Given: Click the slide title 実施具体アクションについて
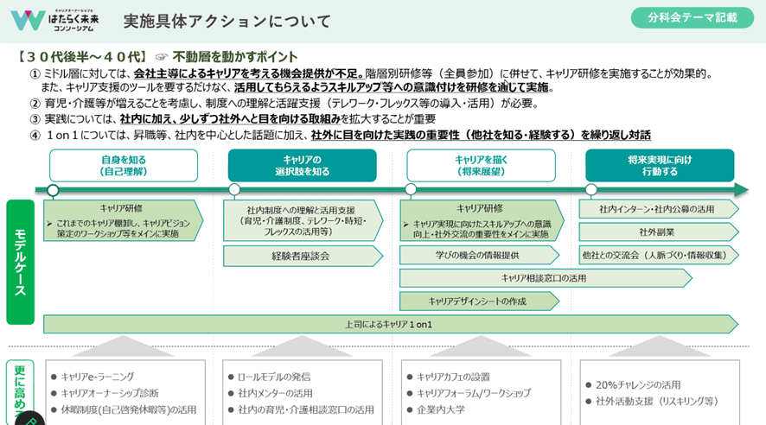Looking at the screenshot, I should tap(227, 21).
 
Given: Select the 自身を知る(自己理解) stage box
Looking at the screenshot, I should tap(123, 165).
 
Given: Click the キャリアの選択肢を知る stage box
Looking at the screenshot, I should tap(302, 165).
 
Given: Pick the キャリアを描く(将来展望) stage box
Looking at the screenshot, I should tap(481, 165).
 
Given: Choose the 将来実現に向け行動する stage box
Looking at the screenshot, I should tap(660, 165).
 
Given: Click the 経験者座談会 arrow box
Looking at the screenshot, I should tap(300, 256).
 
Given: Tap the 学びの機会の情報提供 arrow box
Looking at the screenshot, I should tap(477, 255).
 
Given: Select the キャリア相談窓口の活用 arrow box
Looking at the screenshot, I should tap(545, 278).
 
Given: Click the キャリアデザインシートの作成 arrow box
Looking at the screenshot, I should tap(477, 301).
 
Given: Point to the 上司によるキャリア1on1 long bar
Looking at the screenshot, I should tap(389, 324).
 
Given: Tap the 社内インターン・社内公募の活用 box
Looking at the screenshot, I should tap(658, 209).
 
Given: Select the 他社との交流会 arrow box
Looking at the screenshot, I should tap(658, 255).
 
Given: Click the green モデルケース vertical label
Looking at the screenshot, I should tap(20, 262).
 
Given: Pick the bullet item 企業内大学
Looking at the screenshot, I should tap(442, 409).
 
